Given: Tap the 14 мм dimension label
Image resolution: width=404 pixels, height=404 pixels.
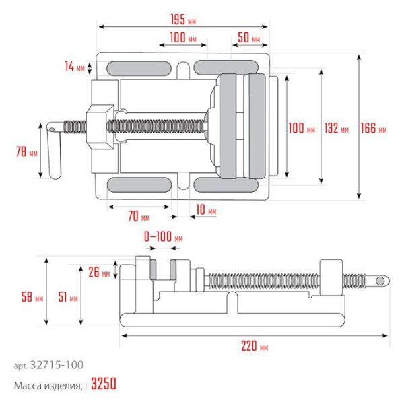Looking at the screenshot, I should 75,67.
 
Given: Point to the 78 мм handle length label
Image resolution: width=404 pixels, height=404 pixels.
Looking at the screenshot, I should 26,152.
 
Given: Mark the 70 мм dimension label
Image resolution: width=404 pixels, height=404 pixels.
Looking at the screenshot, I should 138,216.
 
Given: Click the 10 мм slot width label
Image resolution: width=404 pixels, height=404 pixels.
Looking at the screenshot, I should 206,211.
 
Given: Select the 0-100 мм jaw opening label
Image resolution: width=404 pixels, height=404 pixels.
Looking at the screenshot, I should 164,237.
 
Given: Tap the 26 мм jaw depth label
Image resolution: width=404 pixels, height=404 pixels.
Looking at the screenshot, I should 99,273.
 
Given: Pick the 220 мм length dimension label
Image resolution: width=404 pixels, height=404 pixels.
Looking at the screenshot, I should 254,347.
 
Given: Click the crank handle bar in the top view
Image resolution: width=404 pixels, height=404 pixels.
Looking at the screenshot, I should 53,151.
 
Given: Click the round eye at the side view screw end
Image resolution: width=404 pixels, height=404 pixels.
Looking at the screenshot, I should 380,280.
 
